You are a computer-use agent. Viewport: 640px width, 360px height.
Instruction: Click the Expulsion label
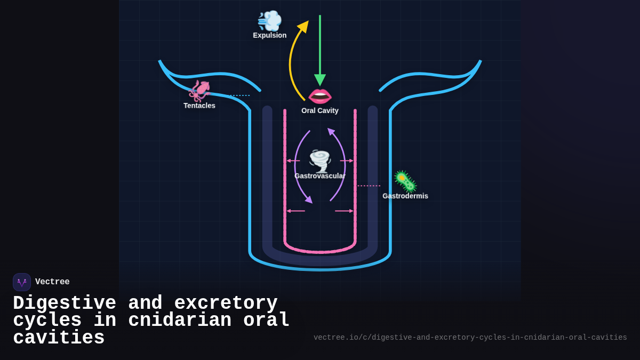[x=269, y=35]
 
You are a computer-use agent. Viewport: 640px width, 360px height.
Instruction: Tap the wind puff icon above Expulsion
[x=269, y=21]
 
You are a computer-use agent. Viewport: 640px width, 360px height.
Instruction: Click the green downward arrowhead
[x=320, y=80]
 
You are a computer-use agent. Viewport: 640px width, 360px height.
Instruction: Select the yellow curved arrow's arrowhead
[x=303, y=27]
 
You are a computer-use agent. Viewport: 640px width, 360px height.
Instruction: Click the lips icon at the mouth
[x=320, y=96]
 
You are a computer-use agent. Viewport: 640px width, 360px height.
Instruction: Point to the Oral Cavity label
[x=319, y=110]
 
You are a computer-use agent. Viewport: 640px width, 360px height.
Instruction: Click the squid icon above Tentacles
[x=200, y=91]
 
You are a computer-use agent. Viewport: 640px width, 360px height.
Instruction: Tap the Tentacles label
[x=199, y=106]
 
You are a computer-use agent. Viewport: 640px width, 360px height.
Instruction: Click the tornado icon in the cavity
[x=320, y=161]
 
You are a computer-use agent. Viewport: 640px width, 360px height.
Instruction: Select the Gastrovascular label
[x=319, y=176]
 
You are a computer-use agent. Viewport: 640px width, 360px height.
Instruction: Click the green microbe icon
[x=405, y=181]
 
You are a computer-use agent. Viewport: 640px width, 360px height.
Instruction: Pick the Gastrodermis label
[x=405, y=196]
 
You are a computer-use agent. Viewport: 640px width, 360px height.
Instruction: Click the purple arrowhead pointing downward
[x=308, y=199]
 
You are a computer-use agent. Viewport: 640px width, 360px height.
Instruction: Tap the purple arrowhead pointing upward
[x=331, y=132]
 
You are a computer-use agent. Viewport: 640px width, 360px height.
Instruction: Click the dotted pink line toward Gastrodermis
[x=369, y=186]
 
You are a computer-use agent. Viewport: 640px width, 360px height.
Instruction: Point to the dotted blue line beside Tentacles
[x=239, y=95]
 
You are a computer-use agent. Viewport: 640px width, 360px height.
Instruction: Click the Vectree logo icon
[x=22, y=282]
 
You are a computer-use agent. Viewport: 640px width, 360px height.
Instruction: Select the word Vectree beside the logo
[x=52, y=282]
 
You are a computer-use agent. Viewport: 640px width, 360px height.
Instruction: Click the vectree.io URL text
[x=470, y=338]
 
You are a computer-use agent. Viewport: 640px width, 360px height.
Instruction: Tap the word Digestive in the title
[x=65, y=303]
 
